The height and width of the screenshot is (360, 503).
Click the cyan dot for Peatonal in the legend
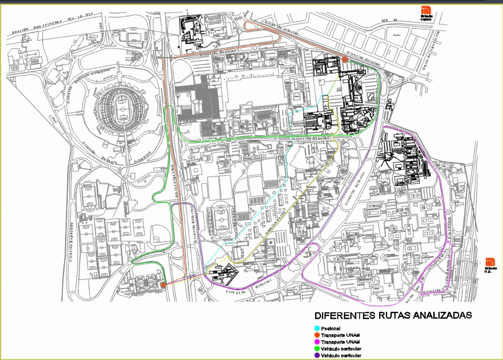(x=317, y=329)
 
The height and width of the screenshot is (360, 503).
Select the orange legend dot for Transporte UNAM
(x=317, y=336)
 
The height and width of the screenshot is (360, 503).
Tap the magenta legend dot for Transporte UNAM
(x=317, y=343)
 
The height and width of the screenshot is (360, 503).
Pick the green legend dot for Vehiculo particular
(x=317, y=349)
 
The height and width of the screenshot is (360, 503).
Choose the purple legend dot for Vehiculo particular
(x=317, y=356)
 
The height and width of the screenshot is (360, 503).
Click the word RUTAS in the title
(x=393, y=316)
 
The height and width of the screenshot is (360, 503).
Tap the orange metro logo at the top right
(x=427, y=11)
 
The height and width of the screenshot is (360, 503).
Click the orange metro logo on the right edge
(x=490, y=262)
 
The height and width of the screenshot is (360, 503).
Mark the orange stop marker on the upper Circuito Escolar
(x=345, y=60)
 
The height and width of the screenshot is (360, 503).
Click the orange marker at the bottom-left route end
(x=164, y=285)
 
